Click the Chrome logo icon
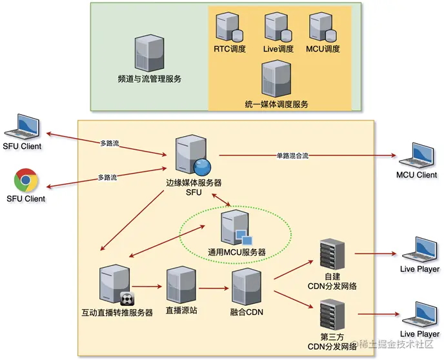click(x=26, y=179)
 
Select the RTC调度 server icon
click(x=229, y=28)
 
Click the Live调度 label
click(x=279, y=49)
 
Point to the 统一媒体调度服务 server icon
click(x=276, y=78)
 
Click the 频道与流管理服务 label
click(x=149, y=79)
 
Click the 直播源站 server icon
click(x=180, y=284)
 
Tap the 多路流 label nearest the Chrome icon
click(x=107, y=177)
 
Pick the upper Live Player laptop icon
click(x=419, y=250)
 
